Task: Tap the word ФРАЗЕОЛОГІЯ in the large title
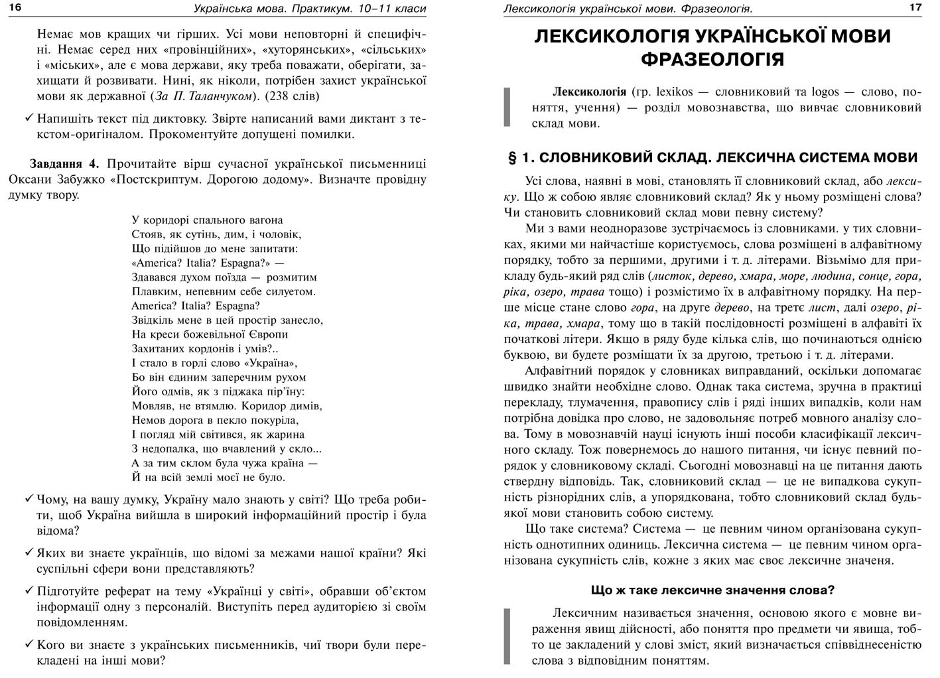click(x=712, y=59)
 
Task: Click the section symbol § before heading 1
click(x=512, y=158)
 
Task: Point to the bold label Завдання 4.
click(x=64, y=164)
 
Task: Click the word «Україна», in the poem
click(x=271, y=363)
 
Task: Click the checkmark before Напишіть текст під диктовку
click(x=29, y=119)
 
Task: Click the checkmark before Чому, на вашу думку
click(x=29, y=500)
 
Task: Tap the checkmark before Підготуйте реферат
click(x=29, y=591)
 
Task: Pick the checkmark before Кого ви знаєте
click(x=29, y=644)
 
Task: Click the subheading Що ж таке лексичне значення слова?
click(x=712, y=590)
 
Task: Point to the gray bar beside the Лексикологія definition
click(x=507, y=107)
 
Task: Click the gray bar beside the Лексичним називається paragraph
click(x=507, y=636)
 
